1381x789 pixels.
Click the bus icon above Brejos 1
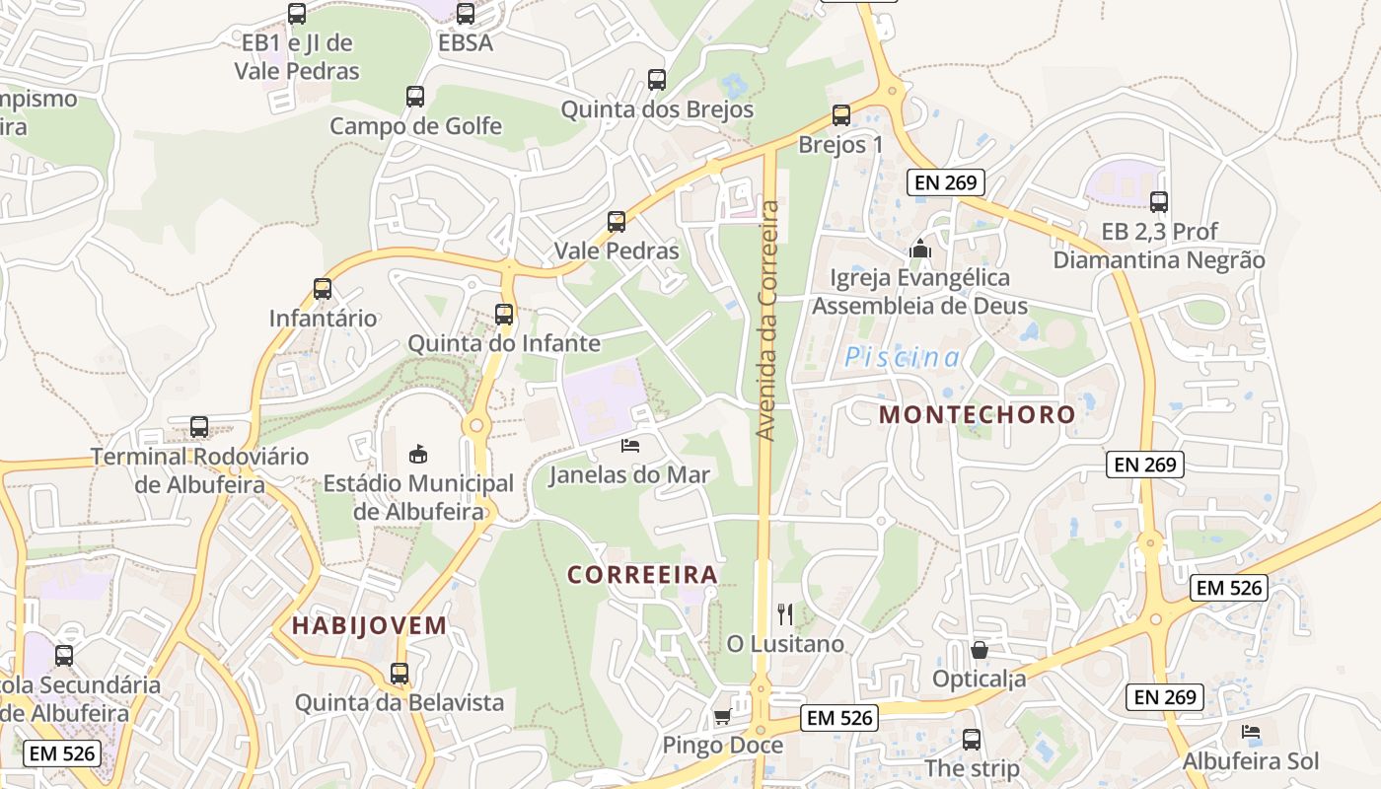coord(841,115)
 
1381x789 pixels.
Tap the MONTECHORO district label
coord(977,414)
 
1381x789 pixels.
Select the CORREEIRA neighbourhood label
coord(642,574)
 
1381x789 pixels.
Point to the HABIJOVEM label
coord(369,625)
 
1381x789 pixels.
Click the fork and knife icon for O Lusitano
coord(785,614)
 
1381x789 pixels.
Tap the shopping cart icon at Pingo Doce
coord(722,717)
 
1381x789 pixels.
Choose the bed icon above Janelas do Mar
coord(629,446)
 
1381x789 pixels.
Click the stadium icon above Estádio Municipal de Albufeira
coord(418,455)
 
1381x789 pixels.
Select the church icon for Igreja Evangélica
coord(920,249)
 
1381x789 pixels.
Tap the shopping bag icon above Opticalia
coord(980,650)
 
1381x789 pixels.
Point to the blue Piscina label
coord(902,358)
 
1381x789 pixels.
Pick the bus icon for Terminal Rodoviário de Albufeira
coord(199,427)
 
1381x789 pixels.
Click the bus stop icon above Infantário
coord(323,289)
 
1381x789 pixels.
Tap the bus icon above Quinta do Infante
coord(504,315)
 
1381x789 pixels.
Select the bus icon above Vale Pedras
coord(617,222)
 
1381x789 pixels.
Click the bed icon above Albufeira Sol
coord(1251,732)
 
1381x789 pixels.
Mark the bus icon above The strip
coord(972,739)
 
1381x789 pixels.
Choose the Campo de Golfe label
coord(415,126)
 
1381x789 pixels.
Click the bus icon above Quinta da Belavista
coord(400,674)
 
